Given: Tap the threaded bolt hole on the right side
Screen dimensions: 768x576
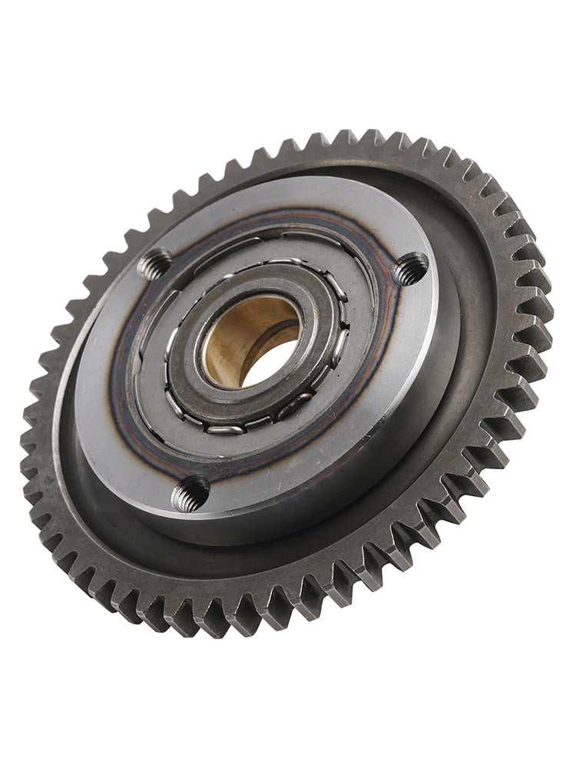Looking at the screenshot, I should [411, 269].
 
